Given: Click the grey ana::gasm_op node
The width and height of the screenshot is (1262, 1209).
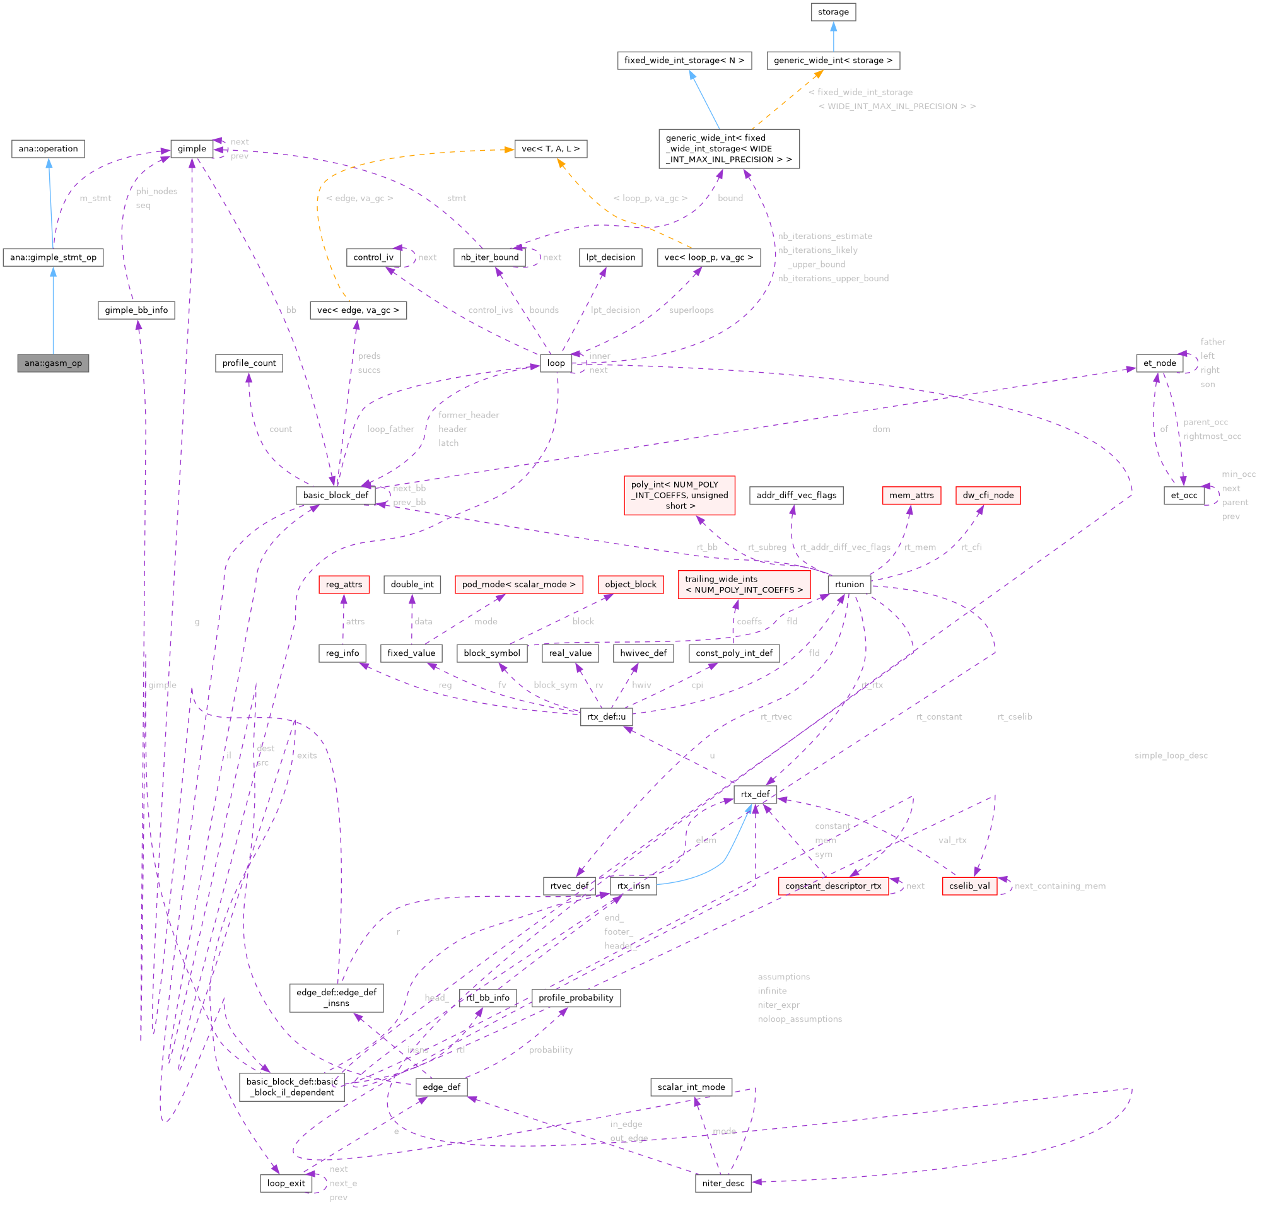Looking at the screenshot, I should pyautogui.click(x=54, y=363).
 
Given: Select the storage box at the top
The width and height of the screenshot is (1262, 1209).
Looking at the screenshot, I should pyautogui.click(x=833, y=12).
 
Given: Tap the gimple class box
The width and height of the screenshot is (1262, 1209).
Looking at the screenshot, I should pyautogui.click(x=192, y=149).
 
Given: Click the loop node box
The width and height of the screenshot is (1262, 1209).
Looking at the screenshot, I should pyautogui.click(x=556, y=363).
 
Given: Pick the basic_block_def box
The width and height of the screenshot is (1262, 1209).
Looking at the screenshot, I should pyautogui.click(x=336, y=495).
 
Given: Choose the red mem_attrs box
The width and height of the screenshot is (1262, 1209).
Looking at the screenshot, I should pyautogui.click(x=911, y=495).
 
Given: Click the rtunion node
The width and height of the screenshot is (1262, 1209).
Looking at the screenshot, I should pyautogui.click(x=850, y=585).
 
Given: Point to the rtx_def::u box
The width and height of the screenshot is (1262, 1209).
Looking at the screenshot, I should pyautogui.click(x=606, y=716).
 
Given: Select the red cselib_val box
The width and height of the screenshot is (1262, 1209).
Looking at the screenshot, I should pyautogui.click(x=969, y=886).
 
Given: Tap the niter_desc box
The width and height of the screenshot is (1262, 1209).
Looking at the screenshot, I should pyautogui.click(x=723, y=1183).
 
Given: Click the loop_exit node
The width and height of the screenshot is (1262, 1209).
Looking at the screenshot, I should pyautogui.click(x=286, y=1183).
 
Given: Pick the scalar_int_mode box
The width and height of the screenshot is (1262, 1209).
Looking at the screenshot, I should pyautogui.click(x=691, y=1087).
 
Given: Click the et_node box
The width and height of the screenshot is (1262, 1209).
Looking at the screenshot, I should pyautogui.click(x=1159, y=363).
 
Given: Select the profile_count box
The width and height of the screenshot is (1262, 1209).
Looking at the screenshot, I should pyautogui.click(x=248, y=363).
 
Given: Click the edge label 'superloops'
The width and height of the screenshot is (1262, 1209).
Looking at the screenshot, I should pyautogui.click(x=691, y=310).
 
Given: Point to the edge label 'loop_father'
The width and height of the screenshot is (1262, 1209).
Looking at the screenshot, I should pyautogui.click(x=391, y=429).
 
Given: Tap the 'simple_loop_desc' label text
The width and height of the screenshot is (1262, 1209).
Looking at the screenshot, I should pyautogui.click(x=1171, y=756).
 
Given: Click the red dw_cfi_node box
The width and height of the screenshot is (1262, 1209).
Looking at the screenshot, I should pyautogui.click(x=988, y=495).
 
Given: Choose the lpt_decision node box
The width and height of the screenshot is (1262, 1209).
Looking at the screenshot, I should pyautogui.click(x=611, y=257).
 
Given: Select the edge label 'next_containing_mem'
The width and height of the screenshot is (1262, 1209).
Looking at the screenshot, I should pyautogui.click(x=1060, y=887).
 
